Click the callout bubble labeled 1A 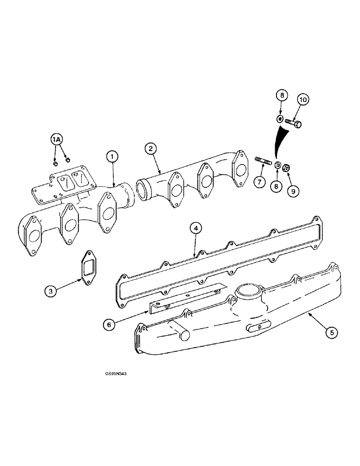pyautogui.click(x=56, y=139)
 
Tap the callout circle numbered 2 pyautogui.click(x=150, y=149)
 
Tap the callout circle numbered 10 pyautogui.click(x=303, y=99)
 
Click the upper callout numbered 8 pyautogui.click(x=281, y=96)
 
